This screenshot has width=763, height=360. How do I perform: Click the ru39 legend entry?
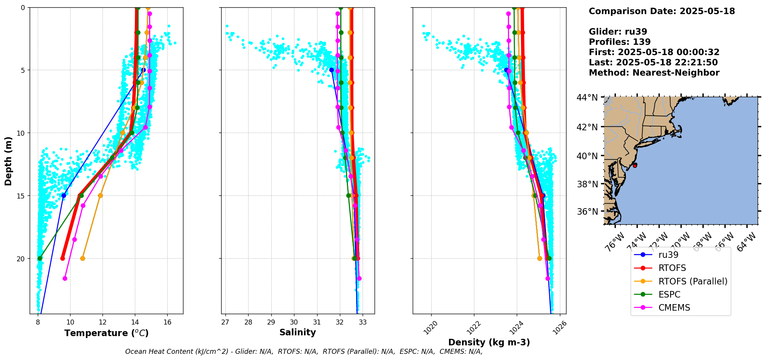(668, 255)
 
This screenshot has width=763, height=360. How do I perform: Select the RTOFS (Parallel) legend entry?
(693, 281)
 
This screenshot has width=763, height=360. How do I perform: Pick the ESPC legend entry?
(669, 294)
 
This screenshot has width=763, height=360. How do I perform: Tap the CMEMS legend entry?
(674, 308)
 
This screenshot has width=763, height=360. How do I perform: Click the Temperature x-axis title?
(106, 333)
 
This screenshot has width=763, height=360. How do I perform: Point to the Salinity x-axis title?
(297, 332)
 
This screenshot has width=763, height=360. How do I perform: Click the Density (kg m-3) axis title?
(489, 342)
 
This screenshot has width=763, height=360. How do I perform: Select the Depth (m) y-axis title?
(8, 161)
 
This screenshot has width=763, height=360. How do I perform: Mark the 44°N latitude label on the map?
(587, 98)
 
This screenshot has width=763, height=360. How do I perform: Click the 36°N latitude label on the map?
(587, 212)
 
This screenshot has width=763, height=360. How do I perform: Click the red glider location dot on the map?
(635, 165)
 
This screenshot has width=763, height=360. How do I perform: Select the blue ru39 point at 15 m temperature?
(64, 195)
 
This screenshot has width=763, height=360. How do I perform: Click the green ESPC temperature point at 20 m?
(40, 258)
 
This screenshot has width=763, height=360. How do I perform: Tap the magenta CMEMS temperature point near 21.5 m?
(65, 278)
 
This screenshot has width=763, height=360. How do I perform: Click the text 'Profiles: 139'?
(619, 42)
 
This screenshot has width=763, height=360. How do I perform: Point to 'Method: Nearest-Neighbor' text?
(654, 73)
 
